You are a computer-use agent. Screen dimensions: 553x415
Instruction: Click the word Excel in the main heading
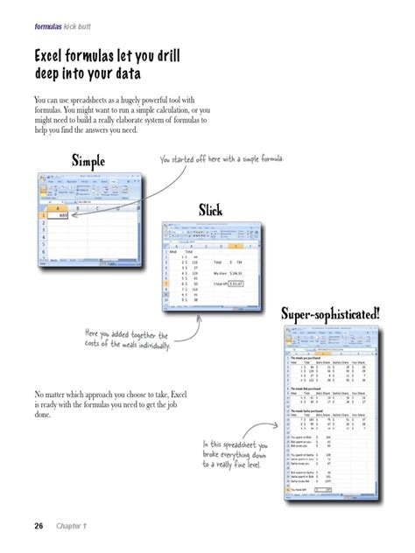[x=52, y=57]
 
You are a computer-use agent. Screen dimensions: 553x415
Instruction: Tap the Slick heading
[x=210, y=210]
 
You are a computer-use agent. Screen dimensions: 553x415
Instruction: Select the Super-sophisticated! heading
[x=330, y=312]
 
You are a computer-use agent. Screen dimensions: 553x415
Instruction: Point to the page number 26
[x=39, y=527]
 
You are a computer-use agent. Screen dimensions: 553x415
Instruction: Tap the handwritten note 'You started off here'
[x=222, y=160]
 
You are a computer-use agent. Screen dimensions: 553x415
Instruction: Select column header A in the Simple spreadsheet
[x=59, y=207]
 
